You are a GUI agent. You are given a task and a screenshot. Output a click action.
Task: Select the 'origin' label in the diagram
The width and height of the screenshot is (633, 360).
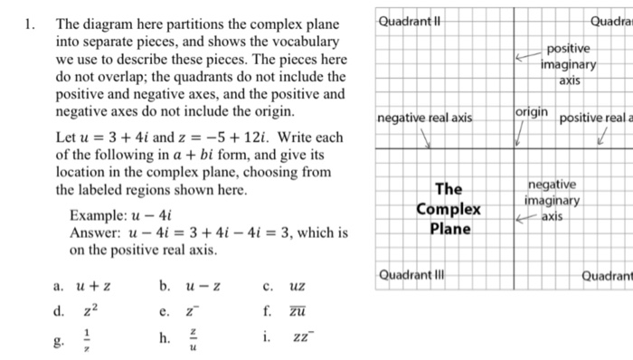(x=531, y=110)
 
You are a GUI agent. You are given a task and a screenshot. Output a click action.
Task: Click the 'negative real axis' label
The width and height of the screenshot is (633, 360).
(x=424, y=118)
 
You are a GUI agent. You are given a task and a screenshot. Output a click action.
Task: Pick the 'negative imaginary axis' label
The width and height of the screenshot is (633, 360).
(x=553, y=201)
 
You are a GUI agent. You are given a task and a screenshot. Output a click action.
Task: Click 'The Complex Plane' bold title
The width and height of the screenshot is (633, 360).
(x=449, y=209)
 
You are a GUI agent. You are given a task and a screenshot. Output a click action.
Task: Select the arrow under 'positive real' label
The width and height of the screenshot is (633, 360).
(x=602, y=137)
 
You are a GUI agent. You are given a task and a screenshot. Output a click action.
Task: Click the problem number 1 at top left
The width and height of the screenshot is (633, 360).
(x=32, y=24)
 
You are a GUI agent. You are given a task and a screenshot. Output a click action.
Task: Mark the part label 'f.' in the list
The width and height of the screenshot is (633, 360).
(x=267, y=313)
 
